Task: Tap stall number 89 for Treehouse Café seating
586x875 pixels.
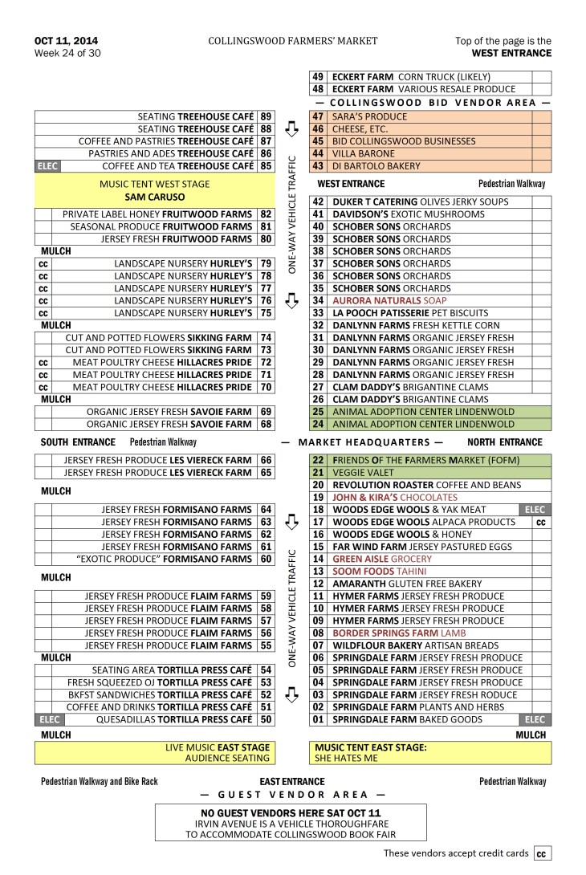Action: tap(266, 116)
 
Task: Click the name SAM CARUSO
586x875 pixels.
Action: tap(152, 196)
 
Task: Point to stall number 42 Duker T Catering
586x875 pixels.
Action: tap(318, 202)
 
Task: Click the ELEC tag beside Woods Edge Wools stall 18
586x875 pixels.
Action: tap(534, 510)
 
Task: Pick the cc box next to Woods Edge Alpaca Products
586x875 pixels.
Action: tap(541, 523)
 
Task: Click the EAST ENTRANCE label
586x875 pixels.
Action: tap(292, 782)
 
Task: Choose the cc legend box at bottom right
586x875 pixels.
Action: tap(543, 854)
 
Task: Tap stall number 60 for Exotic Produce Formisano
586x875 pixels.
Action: tap(266, 560)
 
